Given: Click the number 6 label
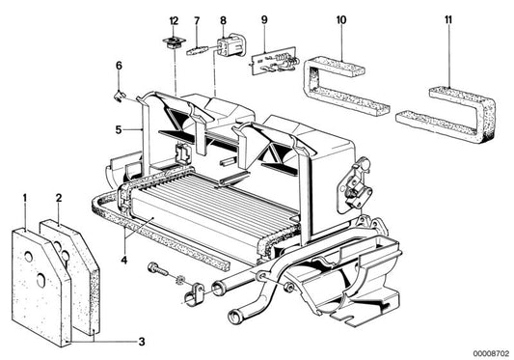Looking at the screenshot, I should [120, 67].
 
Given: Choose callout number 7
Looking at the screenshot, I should [197, 20].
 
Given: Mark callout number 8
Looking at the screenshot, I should [224, 20].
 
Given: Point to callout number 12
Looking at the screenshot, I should [174, 20].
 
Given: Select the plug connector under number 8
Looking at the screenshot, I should [232, 48].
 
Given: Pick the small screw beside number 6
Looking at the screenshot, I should [121, 93].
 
